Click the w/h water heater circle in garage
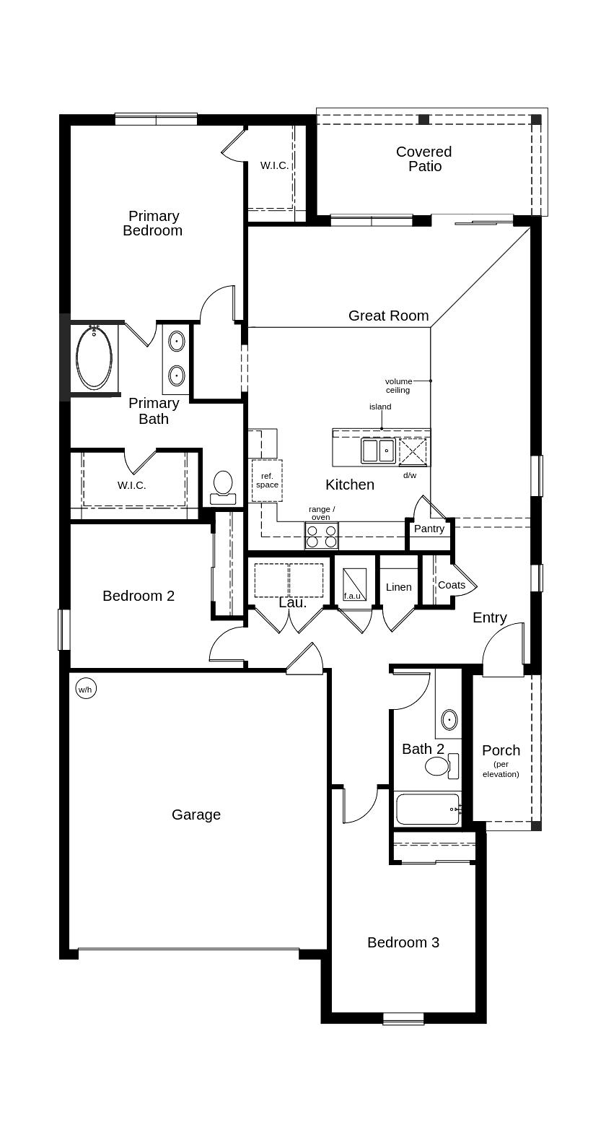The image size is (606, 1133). (x=85, y=690)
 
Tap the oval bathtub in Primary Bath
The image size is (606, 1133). (x=95, y=358)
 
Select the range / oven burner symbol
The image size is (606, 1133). (x=321, y=536)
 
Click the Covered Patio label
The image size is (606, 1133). (x=424, y=159)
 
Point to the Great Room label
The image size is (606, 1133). (x=388, y=316)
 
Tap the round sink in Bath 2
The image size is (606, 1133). (x=449, y=719)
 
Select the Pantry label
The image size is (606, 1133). (x=429, y=529)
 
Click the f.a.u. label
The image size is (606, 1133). (x=352, y=596)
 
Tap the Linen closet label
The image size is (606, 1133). (x=398, y=587)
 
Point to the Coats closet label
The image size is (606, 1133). (x=452, y=585)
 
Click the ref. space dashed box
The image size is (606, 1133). (x=267, y=480)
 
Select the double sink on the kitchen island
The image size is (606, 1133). (x=378, y=451)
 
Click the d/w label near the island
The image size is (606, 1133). (x=410, y=475)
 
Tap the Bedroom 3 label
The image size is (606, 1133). (x=403, y=942)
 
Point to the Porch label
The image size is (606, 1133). (x=501, y=750)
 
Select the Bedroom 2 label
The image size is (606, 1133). (x=139, y=596)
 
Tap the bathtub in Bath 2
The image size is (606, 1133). (x=427, y=809)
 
